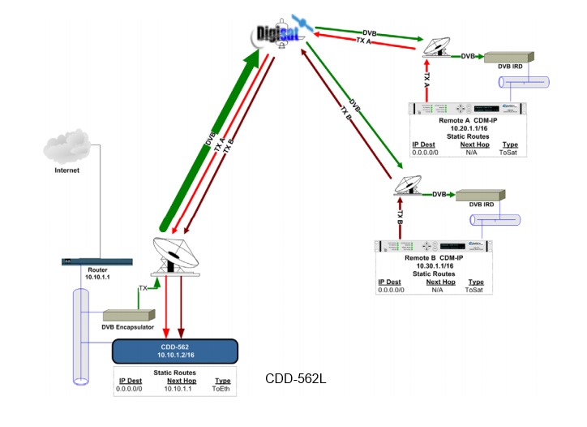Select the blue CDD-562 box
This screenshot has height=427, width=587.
pyautogui.click(x=174, y=351)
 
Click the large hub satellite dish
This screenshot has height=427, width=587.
pyautogui.click(x=174, y=256)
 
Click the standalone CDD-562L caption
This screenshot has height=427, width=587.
pyautogui.click(x=296, y=379)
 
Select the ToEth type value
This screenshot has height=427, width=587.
pyautogui.click(x=221, y=389)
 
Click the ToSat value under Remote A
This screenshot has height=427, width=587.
pyautogui.click(x=510, y=152)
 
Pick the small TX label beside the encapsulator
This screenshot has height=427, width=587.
pyautogui.click(x=144, y=287)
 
